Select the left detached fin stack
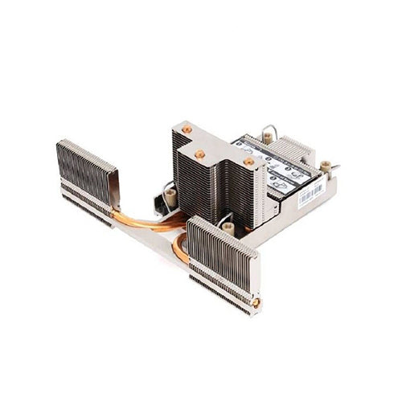tap(85, 173)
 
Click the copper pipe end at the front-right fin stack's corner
tap(256, 302)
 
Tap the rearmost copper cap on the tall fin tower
tap(187, 129)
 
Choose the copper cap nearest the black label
tap(248, 162)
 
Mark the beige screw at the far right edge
tap(326, 167)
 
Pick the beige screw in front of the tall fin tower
tap(228, 228)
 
